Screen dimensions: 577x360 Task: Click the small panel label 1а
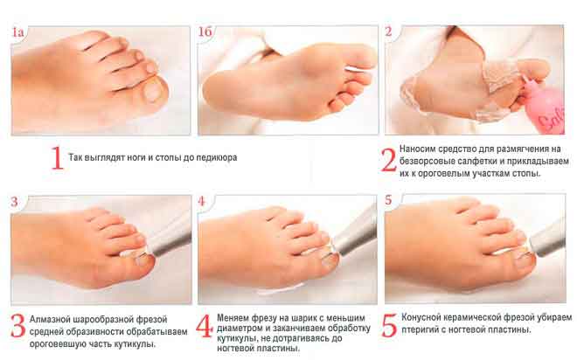point(17,32)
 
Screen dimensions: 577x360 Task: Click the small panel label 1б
point(205,31)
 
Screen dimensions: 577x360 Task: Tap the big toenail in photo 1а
point(151,92)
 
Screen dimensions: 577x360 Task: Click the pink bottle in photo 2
point(545,109)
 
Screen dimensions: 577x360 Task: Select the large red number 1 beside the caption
point(57,158)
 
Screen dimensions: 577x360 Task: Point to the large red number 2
point(388,160)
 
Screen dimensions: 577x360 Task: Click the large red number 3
point(17,326)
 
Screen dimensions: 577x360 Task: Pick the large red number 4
point(205,326)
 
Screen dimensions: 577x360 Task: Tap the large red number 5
point(390,325)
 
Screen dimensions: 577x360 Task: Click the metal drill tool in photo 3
point(170,239)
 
